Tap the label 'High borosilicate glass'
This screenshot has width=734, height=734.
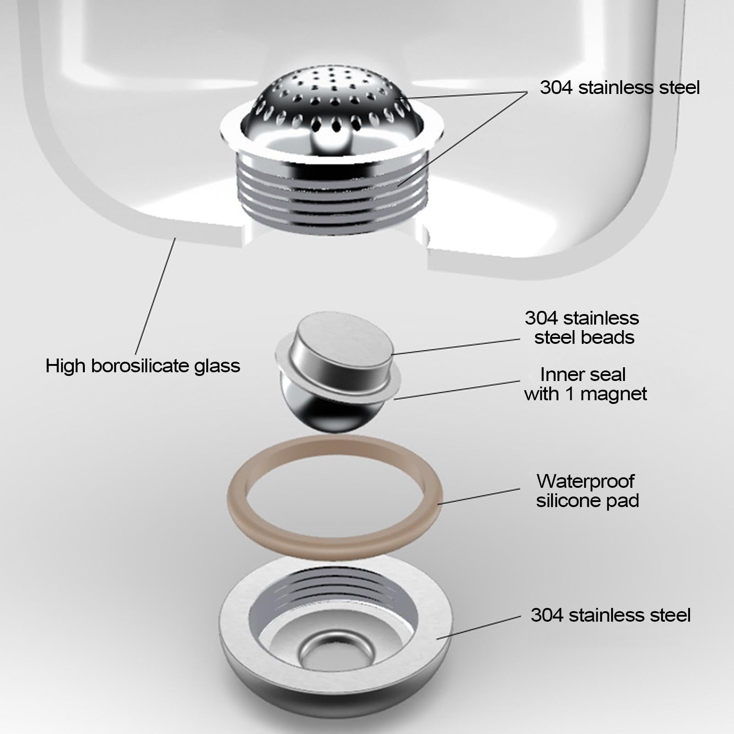pos(143,366)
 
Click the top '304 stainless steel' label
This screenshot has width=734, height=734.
pos(619,88)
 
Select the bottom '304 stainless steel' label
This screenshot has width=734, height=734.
pos(610,615)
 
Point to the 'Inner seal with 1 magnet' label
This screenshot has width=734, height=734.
pos(585,384)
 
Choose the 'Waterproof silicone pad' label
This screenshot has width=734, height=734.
pos(587,491)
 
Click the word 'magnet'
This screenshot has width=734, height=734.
pos(613,394)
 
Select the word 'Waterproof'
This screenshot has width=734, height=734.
pos(585,481)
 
